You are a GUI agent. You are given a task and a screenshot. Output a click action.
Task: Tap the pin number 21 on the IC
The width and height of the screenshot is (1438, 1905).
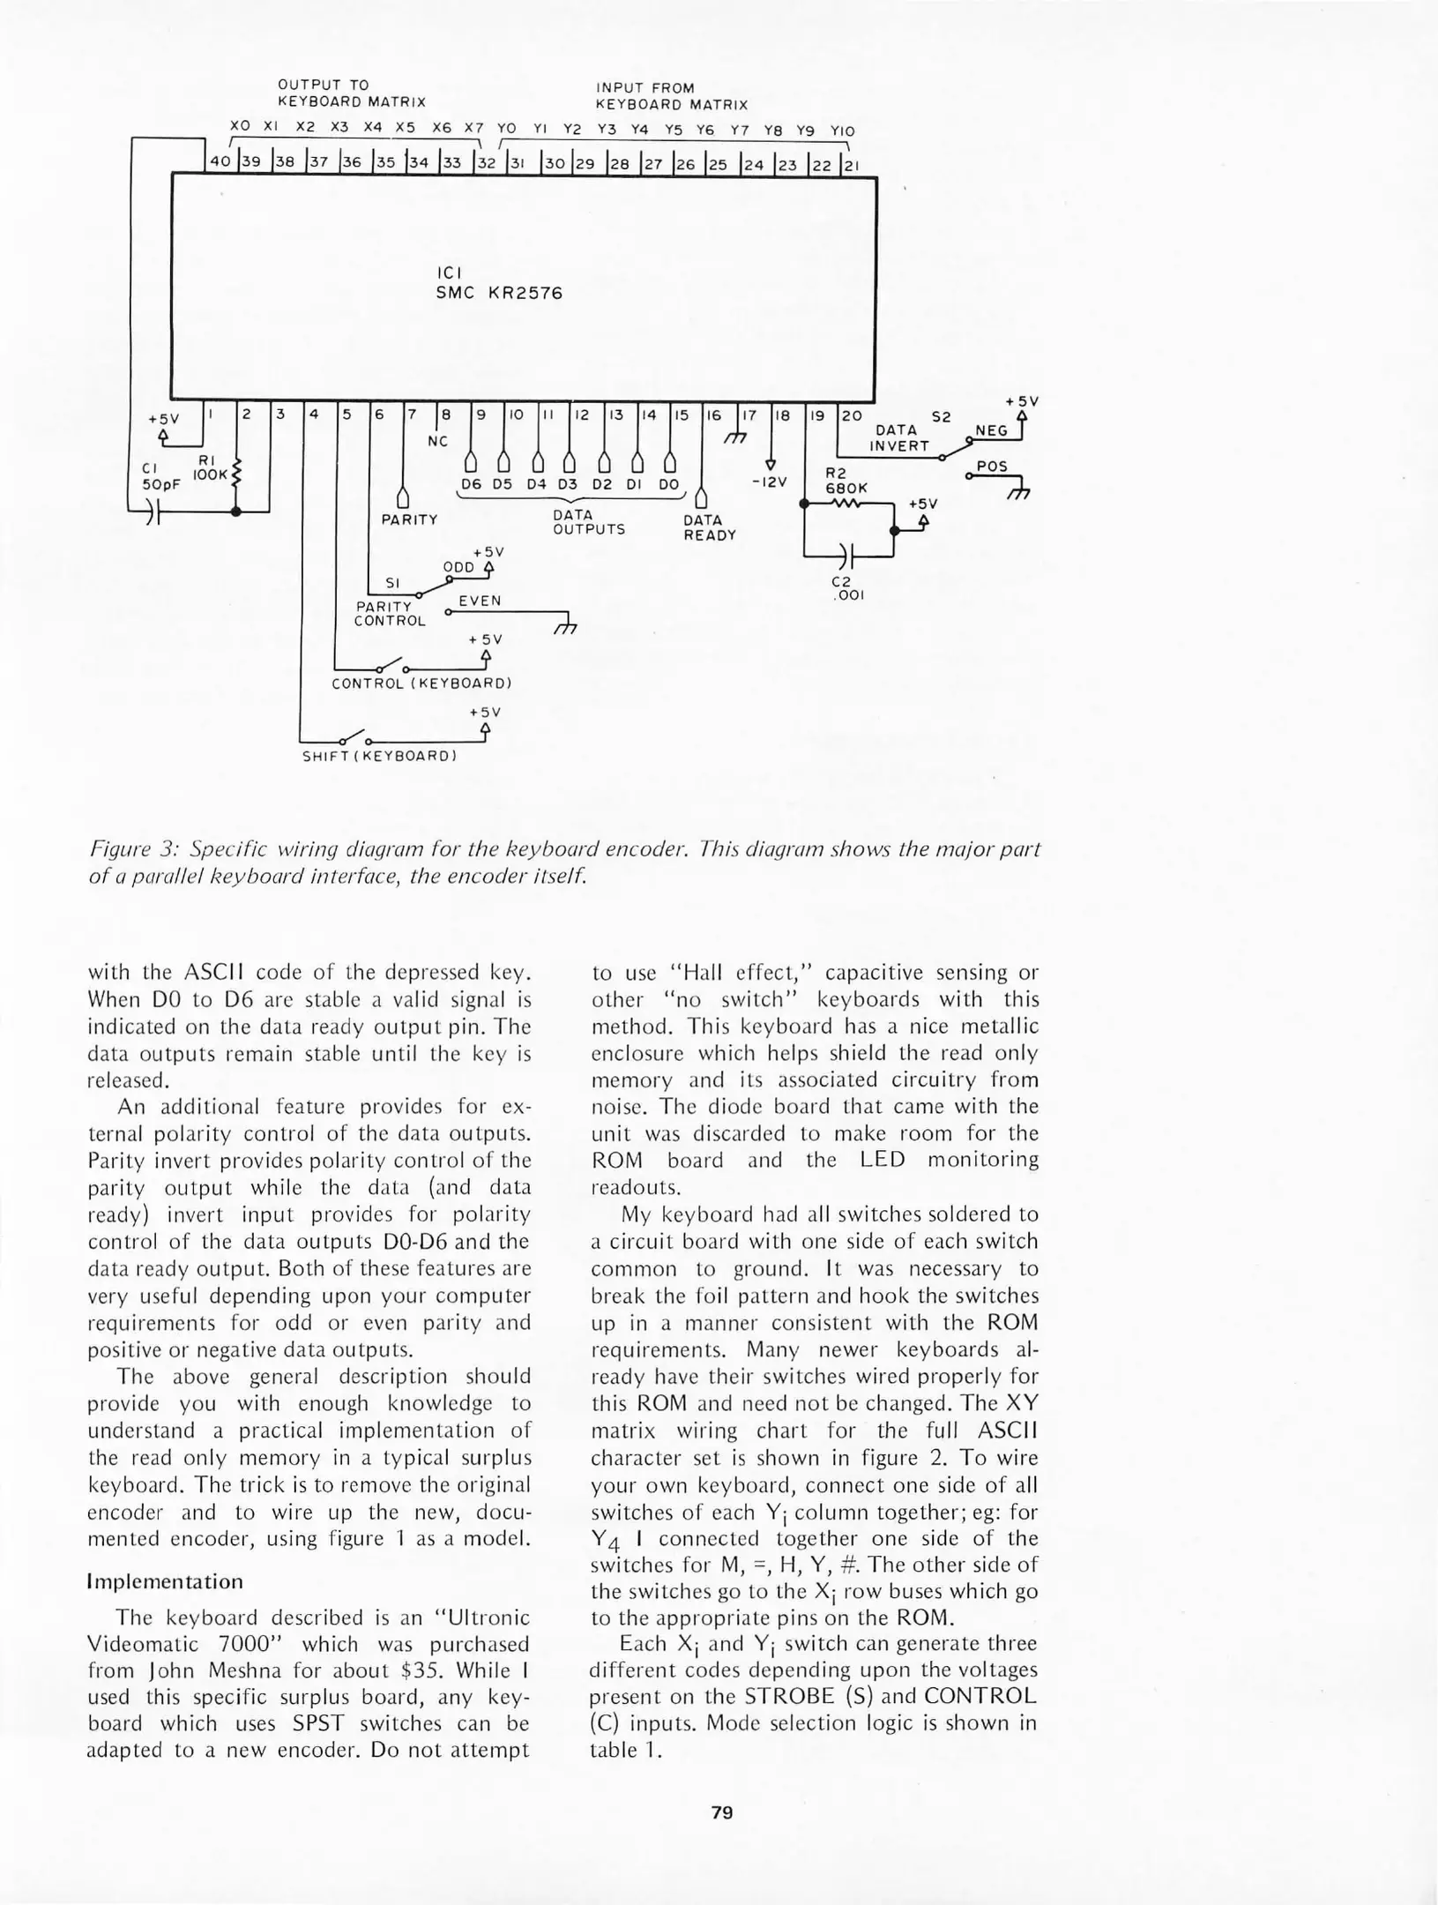pos(854,164)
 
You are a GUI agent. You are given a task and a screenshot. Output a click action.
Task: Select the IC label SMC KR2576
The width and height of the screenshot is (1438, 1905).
pos(499,294)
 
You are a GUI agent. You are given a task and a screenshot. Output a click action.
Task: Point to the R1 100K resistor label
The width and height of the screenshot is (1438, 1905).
pos(212,467)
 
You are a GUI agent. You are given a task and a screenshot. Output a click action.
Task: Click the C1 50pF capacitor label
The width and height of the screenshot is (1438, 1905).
pos(161,477)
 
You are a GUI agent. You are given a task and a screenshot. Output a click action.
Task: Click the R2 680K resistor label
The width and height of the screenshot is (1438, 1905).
pos(846,480)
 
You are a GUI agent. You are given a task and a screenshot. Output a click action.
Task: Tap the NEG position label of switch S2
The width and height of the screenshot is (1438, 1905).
pos(991,430)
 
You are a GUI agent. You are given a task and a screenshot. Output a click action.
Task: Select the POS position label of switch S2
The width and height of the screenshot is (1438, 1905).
pos(992,466)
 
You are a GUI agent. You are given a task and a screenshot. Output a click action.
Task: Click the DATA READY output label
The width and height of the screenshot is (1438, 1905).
pos(709,527)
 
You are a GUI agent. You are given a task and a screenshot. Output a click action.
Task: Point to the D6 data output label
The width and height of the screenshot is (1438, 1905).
pos(472,484)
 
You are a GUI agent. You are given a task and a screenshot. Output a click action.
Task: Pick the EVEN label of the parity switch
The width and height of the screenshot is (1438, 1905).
pos(480,601)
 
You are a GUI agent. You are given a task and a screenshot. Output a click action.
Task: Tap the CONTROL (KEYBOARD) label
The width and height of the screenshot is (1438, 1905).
pos(421,683)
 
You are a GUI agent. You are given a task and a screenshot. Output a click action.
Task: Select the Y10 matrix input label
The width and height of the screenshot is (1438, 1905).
pos(842,131)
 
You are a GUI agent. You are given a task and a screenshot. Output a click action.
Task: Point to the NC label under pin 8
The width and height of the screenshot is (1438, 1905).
pos(438,441)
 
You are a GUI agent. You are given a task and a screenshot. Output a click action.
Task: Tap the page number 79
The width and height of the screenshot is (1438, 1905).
pos(721,1812)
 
